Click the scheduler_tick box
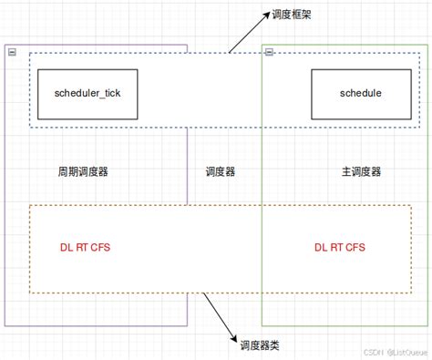click(87, 93)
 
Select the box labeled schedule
click(360, 93)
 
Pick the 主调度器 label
click(361, 171)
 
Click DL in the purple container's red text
click(65, 247)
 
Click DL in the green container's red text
click(321, 247)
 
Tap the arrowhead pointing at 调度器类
click(228, 331)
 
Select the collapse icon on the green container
click(268, 53)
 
